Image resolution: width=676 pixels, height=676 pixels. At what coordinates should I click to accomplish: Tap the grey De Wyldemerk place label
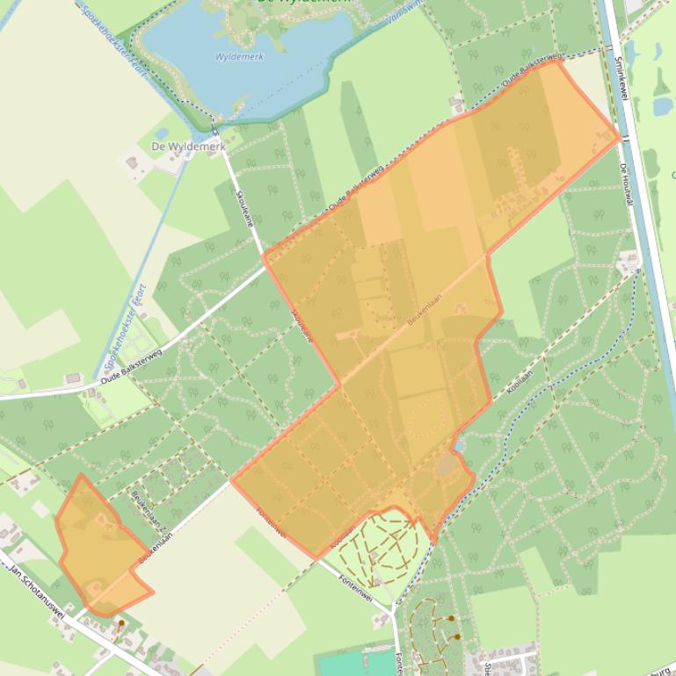point(188,146)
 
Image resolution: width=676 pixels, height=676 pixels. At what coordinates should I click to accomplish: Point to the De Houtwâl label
point(626,183)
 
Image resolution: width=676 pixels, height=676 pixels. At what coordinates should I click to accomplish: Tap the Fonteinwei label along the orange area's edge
point(273,523)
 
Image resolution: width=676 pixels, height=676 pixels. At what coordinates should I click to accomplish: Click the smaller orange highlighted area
point(97,549)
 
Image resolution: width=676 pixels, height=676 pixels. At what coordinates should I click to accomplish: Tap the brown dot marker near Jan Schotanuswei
point(121,623)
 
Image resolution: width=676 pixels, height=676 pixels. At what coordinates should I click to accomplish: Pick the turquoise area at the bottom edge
point(352,663)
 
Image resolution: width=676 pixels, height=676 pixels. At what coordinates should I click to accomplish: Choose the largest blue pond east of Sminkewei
point(663,105)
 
